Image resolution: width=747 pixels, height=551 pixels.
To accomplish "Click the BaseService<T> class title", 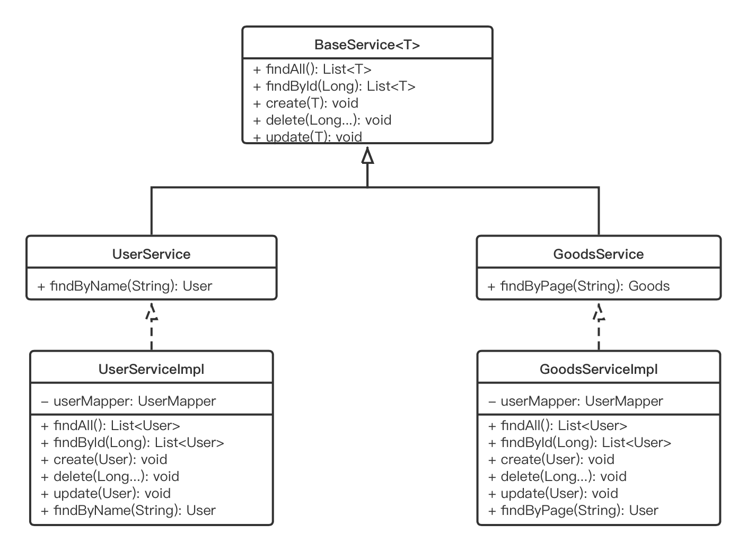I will (x=367, y=45).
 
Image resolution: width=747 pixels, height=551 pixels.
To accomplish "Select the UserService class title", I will (x=151, y=254).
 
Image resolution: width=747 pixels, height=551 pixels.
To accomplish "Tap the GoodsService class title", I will (x=598, y=254).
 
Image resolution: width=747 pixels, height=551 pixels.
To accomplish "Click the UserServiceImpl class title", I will (x=151, y=369).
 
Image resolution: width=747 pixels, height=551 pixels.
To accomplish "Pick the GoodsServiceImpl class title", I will (x=598, y=369).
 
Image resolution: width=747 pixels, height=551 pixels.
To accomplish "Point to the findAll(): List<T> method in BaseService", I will (x=312, y=69).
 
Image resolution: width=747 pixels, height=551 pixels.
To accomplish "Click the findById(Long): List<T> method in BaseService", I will (x=334, y=86).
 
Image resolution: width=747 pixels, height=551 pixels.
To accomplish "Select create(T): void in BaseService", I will (x=305, y=103).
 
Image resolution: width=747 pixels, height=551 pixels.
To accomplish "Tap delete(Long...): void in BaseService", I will (x=322, y=120).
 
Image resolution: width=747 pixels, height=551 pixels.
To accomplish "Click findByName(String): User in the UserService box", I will (x=125, y=286).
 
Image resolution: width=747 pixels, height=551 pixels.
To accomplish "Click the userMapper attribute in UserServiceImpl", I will (x=128, y=401).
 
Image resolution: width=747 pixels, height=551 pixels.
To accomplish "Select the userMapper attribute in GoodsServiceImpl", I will (x=575, y=401).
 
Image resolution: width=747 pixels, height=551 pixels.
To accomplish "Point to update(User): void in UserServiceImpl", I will (x=106, y=493).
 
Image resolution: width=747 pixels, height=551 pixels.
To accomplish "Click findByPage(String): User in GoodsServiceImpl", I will (x=573, y=510).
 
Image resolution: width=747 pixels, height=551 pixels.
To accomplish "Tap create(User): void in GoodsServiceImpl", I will (x=551, y=459).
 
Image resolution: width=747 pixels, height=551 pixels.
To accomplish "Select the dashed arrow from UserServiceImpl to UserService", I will (x=152, y=329).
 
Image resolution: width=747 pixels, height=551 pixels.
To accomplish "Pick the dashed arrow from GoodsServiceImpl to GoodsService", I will (x=599, y=329).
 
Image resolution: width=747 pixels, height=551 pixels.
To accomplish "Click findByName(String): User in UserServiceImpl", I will (x=128, y=510).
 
